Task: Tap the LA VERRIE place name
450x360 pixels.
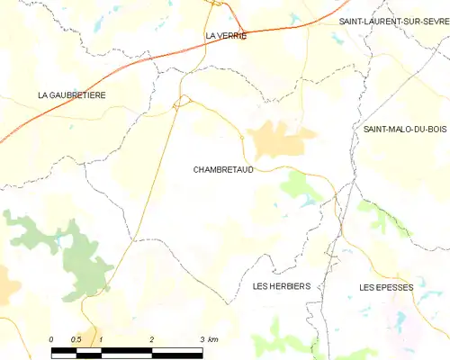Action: tap(225, 36)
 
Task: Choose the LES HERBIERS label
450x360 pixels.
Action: tap(282, 286)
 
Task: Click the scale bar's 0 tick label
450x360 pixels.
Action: tap(51, 338)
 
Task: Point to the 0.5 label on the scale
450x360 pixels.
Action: tap(76, 338)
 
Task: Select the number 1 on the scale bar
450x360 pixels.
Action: tap(101, 338)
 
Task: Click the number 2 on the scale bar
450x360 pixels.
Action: tap(151, 338)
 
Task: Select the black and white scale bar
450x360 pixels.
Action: tap(126, 347)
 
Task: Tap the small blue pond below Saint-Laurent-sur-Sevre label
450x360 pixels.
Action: tap(337, 38)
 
